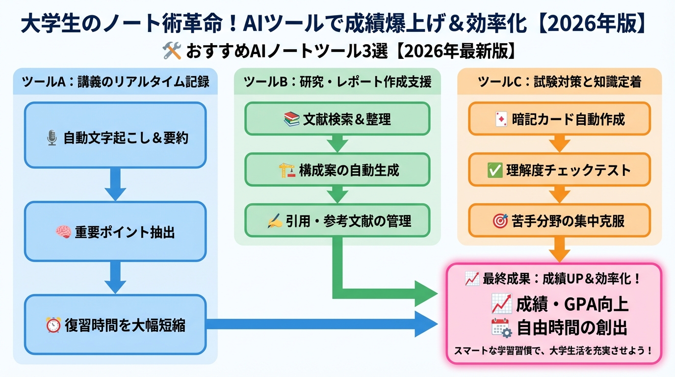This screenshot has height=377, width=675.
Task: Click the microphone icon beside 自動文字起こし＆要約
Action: (52, 138)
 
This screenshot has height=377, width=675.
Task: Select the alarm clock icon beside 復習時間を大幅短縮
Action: (53, 325)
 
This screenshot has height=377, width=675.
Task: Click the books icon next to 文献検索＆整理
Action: (291, 119)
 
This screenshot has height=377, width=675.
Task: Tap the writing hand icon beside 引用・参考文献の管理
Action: (274, 221)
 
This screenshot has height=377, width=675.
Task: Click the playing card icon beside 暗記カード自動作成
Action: (501, 119)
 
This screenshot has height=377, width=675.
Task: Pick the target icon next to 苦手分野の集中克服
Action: (499, 221)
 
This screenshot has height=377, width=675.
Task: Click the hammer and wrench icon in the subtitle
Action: (172, 51)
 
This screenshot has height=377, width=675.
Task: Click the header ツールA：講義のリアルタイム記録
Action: (116, 82)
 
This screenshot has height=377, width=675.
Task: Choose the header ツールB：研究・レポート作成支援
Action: (337, 82)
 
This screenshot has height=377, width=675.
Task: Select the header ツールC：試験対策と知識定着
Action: (559, 82)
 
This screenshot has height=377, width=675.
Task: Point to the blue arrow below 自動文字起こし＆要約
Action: (116, 184)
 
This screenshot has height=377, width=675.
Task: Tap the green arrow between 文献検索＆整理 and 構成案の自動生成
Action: (337, 143)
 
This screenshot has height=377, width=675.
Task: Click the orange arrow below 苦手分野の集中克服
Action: (559, 249)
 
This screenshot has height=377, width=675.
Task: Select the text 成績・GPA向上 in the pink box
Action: (572, 304)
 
